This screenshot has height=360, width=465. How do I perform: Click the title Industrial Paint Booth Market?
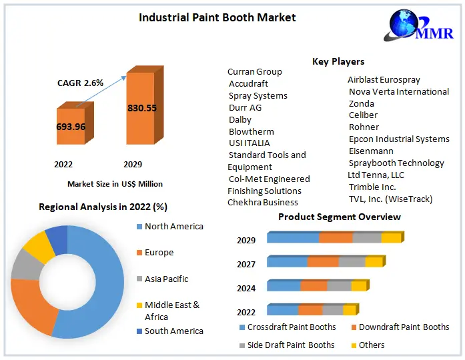tap(217, 17)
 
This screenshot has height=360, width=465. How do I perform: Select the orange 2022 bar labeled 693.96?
tap(70, 126)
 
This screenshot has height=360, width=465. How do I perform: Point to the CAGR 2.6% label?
tap(79, 83)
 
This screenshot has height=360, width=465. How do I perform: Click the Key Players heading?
tap(338, 61)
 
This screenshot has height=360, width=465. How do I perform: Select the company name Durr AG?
tap(245, 107)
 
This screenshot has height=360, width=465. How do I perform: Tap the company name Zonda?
tap(361, 103)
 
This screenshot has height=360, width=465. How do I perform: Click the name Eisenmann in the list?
tap(371, 151)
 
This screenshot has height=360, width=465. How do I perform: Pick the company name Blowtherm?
tap(251, 131)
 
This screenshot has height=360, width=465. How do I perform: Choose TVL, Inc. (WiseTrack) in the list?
tap(390, 199)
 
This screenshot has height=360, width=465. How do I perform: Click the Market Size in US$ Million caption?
tap(115, 183)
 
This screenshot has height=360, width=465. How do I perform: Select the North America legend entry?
tap(173, 227)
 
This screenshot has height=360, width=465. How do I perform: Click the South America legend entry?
tap(173, 331)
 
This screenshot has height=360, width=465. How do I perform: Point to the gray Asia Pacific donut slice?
tap(25, 265)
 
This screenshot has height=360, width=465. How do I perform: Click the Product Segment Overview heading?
tap(339, 217)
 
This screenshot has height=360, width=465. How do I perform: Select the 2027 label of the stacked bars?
tap(246, 265)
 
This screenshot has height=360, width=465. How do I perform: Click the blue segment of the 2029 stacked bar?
tap(294, 238)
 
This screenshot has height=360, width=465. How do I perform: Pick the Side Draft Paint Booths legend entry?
tap(290, 345)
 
